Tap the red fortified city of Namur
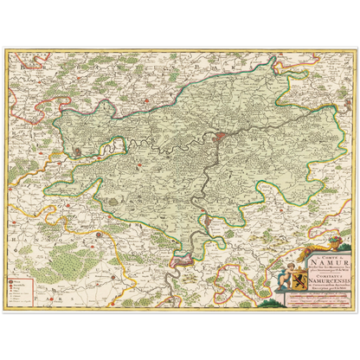click(224, 136)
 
